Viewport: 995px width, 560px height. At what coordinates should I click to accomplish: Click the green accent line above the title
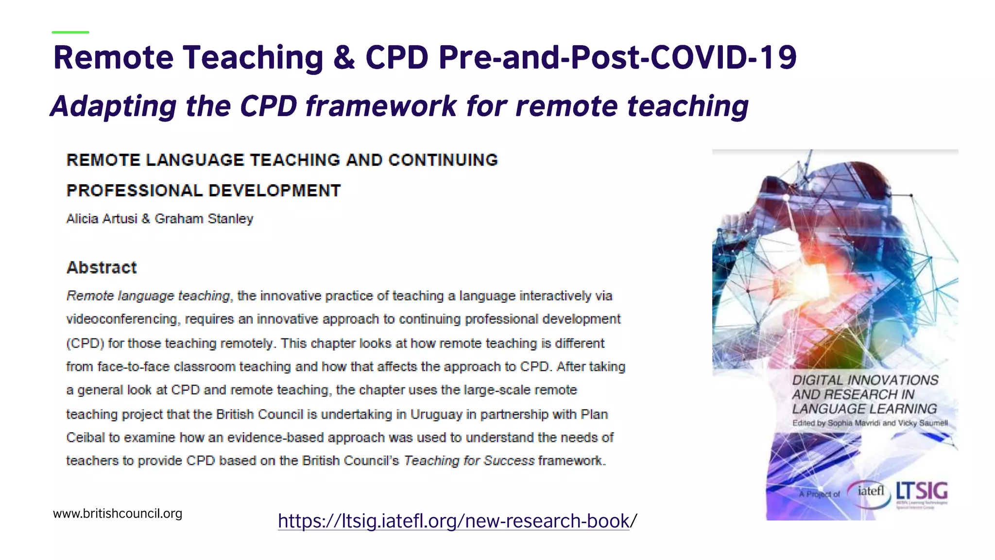pyautogui.click(x=70, y=32)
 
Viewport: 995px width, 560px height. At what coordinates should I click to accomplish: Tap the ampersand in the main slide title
pyautogui.click(x=344, y=57)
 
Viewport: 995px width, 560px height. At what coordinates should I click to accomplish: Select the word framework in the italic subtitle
pyautogui.click(x=381, y=106)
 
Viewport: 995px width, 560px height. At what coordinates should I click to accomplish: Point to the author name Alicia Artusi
pyautogui.click(x=102, y=219)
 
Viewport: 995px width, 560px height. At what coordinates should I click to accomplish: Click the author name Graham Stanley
pyautogui.click(x=204, y=219)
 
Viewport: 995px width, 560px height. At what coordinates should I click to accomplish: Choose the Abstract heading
pyautogui.click(x=102, y=267)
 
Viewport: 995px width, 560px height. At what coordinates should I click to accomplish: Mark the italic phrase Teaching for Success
pyautogui.click(x=469, y=460)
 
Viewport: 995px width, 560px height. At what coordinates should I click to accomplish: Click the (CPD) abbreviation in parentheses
pyautogui.click(x=85, y=343)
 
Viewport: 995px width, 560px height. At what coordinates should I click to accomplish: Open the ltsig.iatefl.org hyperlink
pyautogui.click(x=457, y=521)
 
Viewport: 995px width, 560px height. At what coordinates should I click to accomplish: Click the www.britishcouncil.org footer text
pyautogui.click(x=118, y=513)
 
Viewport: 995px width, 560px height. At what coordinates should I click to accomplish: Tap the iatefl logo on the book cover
pyautogui.click(x=870, y=491)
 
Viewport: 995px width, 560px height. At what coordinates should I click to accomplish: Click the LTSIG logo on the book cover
pyautogui.click(x=922, y=492)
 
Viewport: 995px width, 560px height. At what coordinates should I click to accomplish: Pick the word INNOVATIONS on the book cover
pyautogui.click(x=892, y=380)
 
